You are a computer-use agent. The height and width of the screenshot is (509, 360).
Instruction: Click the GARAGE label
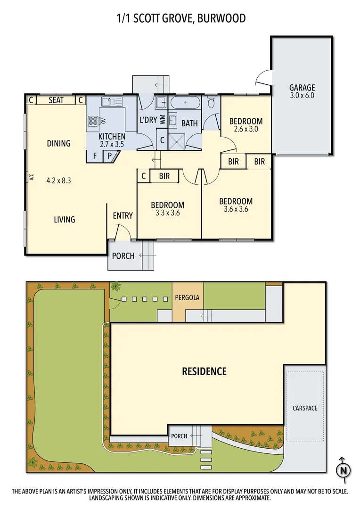[x=302, y=88]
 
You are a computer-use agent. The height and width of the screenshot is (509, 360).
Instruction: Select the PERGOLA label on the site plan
[x=188, y=298]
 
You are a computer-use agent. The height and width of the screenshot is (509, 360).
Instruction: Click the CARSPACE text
[x=304, y=408]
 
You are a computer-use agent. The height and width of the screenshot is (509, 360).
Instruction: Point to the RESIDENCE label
[x=204, y=371]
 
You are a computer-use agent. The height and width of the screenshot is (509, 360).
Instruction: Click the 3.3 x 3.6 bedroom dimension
[x=167, y=213]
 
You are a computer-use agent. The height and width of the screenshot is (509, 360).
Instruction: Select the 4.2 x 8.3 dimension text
[x=58, y=180]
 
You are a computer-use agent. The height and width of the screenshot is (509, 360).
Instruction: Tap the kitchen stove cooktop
[x=93, y=121]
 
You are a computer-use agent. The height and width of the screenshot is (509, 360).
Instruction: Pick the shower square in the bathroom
[x=179, y=140]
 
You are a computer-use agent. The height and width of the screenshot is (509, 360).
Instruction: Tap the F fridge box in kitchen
[x=95, y=156]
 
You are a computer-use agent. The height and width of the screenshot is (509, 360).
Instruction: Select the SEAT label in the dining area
[x=57, y=100]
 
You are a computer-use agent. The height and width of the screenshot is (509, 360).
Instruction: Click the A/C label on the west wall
[x=32, y=177]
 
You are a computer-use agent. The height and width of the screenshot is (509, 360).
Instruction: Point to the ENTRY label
[x=123, y=216]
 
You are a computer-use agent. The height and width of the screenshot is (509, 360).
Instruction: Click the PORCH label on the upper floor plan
[x=123, y=256]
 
